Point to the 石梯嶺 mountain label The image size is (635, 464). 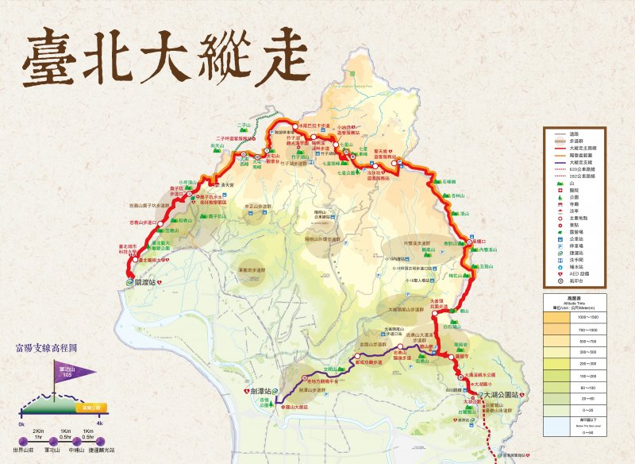click(x=449, y=182)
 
